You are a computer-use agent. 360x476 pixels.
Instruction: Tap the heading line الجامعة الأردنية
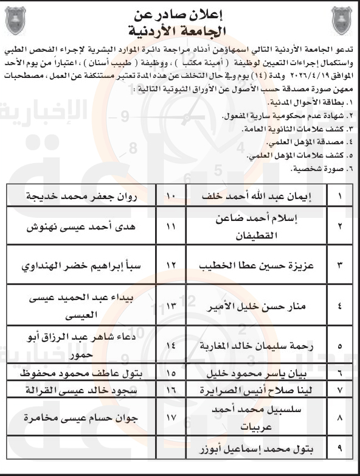point(180,29)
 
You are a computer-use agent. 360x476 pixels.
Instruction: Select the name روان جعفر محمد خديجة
point(79,197)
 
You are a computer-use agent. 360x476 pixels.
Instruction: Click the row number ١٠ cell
point(171,197)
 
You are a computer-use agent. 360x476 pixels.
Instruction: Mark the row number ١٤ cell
point(171,344)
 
